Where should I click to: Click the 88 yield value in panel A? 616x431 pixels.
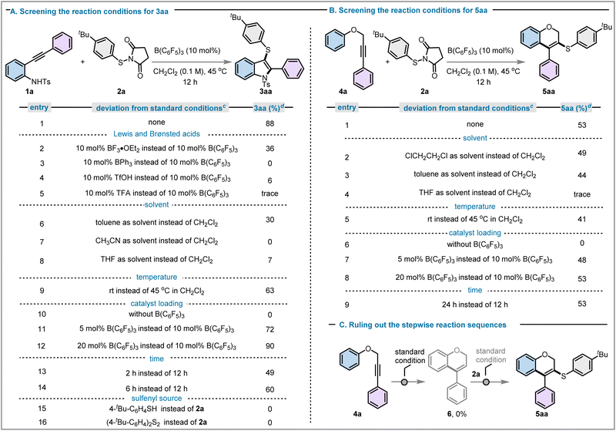(269, 123)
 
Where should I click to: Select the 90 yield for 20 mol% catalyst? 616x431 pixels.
(269, 346)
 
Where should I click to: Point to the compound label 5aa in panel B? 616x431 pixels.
(548, 92)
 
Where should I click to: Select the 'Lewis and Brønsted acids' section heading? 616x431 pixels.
(156, 134)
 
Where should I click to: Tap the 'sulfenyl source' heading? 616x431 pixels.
(156, 399)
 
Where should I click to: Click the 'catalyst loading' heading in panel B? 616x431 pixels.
(475, 233)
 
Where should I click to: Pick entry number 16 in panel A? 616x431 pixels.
(42, 423)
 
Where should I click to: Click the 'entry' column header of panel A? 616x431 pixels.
(39, 107)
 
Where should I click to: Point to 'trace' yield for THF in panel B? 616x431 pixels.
(582, 194)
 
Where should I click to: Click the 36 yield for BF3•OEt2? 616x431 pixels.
(269, 149)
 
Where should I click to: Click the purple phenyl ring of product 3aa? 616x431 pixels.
(291, 70)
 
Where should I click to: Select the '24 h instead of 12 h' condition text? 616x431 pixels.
(475, 305)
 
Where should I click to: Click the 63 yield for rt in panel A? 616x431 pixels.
(269, 291)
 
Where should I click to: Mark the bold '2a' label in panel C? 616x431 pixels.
(476, 374)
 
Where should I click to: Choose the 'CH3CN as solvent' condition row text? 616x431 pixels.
(157, 241)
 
